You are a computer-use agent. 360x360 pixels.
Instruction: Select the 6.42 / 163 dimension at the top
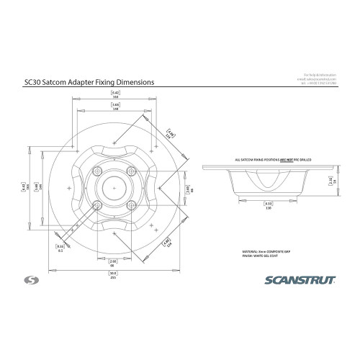pos(115,94)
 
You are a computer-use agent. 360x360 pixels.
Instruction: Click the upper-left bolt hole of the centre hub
pos(97,171)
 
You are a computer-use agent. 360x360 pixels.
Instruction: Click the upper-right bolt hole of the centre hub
pos(130,171)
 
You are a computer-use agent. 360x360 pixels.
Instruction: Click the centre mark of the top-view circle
pos(114,187)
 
